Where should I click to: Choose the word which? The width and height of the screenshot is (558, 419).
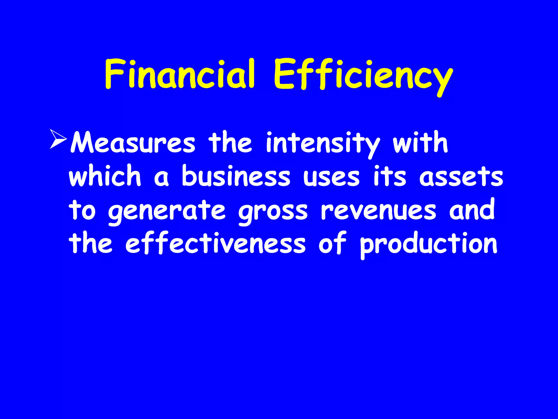point(105,176)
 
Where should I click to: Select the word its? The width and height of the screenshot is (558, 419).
point(390,176)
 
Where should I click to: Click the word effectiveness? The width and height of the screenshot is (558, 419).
point(216,243)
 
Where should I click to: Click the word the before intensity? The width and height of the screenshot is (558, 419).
point(230,142)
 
